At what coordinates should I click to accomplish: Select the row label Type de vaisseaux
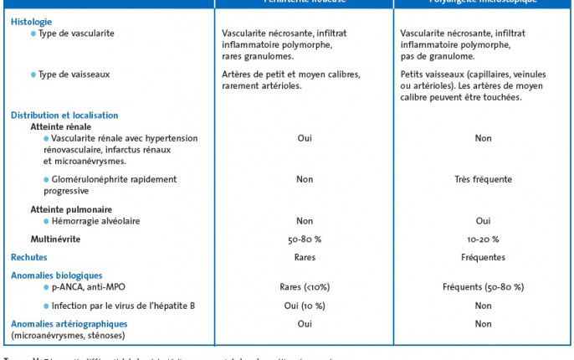coord(74,75)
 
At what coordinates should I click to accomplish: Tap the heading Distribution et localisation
coord(64,116)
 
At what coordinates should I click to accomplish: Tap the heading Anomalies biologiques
coord(56,275)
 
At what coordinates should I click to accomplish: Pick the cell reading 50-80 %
coord(305,239)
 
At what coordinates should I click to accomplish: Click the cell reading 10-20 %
coord(483,239)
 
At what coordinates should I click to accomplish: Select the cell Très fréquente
coord(483,179)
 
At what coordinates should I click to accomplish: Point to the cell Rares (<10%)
coord(305,287)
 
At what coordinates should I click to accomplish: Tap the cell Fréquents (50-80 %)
coord(483,287)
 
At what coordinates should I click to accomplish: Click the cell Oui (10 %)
coord(305,306)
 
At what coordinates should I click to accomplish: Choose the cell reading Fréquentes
coord(483,257)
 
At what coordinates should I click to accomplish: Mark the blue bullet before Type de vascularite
coord(33,33)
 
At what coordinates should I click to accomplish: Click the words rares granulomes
coord(258,56)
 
